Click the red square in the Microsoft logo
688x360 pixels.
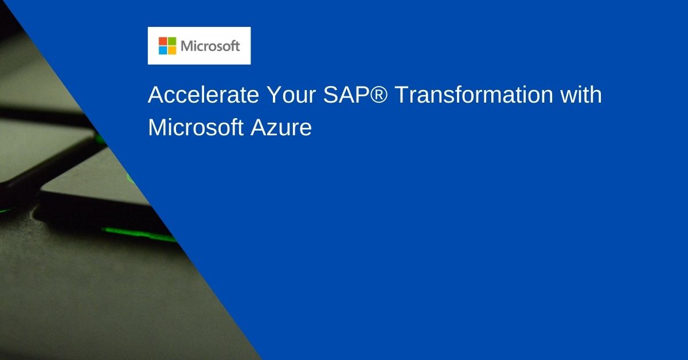pyautogui.click(x=163, y=41)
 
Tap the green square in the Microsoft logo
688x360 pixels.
pyautogui.click(x=172, y=41)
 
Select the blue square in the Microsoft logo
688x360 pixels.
pyautogui.click(x=163, y=50)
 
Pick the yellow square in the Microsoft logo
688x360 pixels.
pyautogui.click(x=172, y=50)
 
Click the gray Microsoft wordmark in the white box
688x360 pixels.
pyautogui.click(x=210, y=46)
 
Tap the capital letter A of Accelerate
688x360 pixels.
pyautogui.click(x=156, y=95)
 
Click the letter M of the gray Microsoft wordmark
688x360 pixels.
pyautogui.click(x=187, y=46)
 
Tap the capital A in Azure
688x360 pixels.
pyautogui.click(x=257, y=127)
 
